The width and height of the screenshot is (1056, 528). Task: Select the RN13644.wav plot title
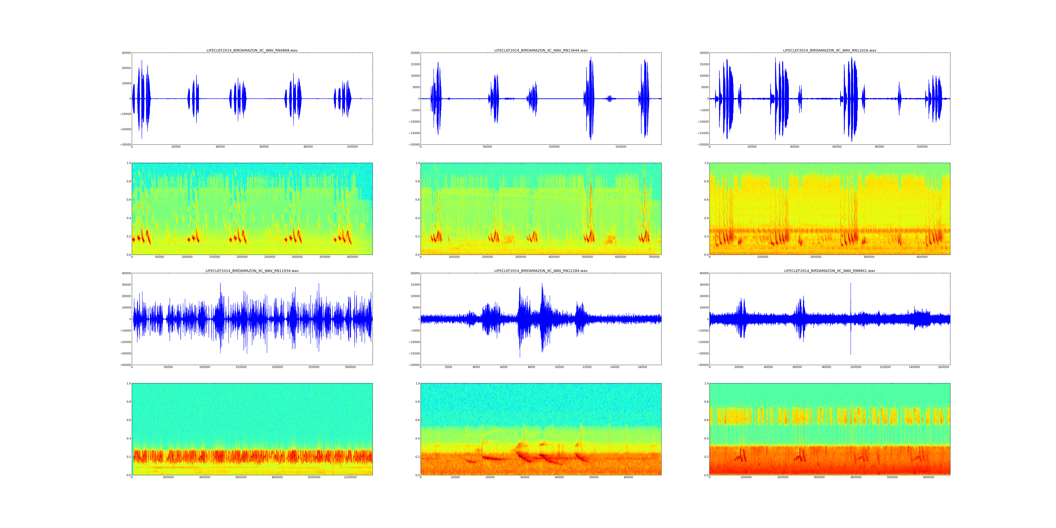coord(541,50)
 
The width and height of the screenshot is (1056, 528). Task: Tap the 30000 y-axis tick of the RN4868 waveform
coord(126,53)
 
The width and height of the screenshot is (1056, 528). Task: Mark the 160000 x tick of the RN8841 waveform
coord(944,367)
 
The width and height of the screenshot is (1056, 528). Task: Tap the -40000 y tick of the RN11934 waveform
coord(125,365)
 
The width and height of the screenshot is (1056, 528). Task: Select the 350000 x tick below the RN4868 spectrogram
coord(325,257)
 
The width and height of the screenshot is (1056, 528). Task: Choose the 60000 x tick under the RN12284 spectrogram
coord(628,477)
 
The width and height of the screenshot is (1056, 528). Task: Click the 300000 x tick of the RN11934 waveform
coord(350,367)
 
